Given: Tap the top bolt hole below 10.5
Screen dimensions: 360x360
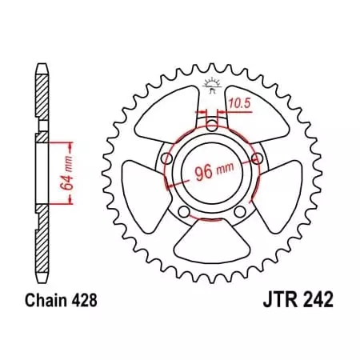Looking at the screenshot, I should (x=211, y=125).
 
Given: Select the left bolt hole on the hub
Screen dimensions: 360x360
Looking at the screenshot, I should (x=166, y=158).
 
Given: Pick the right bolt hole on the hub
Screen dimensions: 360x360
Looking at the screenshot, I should (x=257, y=158).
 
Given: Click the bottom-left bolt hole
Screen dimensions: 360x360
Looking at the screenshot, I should (x=184, y=211).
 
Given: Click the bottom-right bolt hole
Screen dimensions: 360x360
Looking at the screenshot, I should (x=239, y=211).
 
